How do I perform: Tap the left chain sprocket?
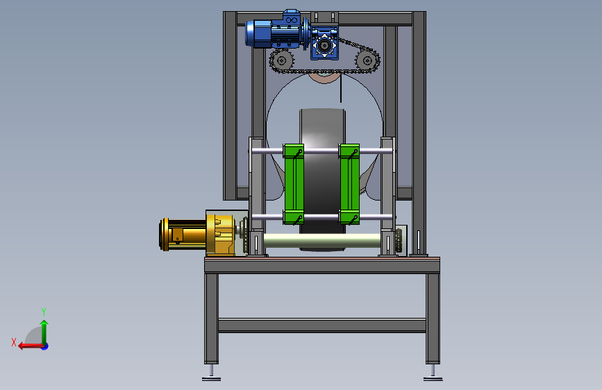pyautogui.click(x=282, y=60)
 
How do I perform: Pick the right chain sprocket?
pyautogui.click(x=367, y=60)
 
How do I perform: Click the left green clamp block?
pyautogui.click(x=294, y=184)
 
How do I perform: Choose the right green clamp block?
pyautogui.click(x=349, y=184)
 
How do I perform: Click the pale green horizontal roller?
pyautogui.click(x=322, y=241)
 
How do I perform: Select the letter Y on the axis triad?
pyautogui.click(x=44, y=312)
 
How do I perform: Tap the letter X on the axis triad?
pyautogui.click(x=14, y=342)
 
